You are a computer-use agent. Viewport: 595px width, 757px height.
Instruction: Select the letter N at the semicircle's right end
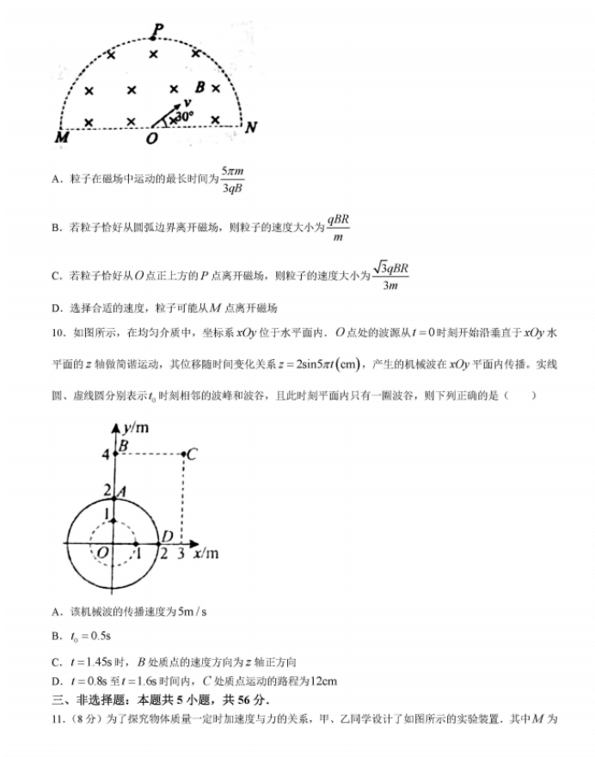[x=251, y=128]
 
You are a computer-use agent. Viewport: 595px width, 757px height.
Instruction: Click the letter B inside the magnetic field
[x=200, y=87]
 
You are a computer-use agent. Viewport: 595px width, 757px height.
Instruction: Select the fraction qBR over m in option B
[x=338, y=228]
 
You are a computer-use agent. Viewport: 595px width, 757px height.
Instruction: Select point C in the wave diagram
[x=191, y=454]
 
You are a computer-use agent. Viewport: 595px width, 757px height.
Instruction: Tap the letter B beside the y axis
[x=123, y=445]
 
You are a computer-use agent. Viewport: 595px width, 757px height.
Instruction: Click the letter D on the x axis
[x=168, y=537]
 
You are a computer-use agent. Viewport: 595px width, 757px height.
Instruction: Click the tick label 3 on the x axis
[x=181, y=553]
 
